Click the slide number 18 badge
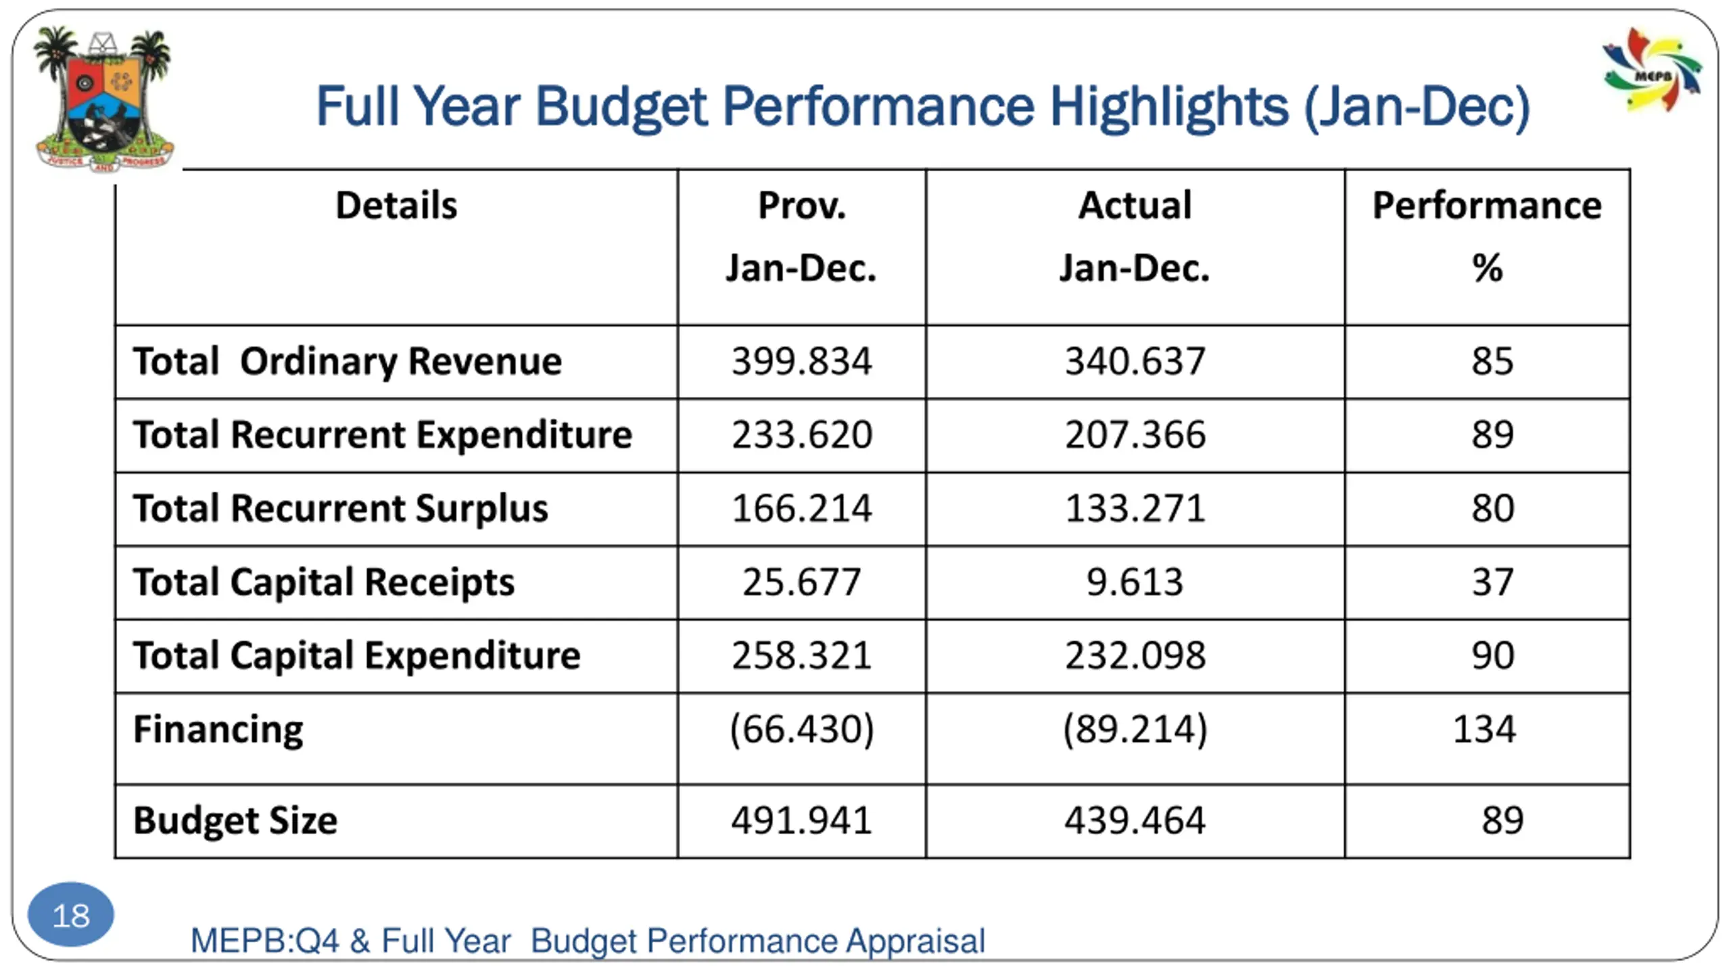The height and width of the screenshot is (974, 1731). click(x=70, y=915)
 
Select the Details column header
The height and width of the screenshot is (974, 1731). click(x=396, y=206)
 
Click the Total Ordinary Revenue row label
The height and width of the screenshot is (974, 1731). click(x=348, y=361)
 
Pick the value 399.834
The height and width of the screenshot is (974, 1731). click(x=802, y=361)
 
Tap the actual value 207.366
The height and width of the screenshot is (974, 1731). click(x=1135, y=434)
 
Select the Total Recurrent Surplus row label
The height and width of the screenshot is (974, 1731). click(x=341, y=509)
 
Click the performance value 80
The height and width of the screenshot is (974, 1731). click(x=1492, y=509)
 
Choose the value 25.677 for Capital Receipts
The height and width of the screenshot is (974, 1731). click(x=802, y=582)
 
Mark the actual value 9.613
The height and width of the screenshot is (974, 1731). click(x=1135, y=582)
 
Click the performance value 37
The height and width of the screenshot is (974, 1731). click(x=1492, y=582)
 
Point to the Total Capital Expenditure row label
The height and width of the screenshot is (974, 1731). click(x=357, y=655)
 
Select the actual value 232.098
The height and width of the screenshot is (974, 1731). click(x=1135, y=655)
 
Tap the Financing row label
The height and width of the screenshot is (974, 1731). click(x=218, y=729)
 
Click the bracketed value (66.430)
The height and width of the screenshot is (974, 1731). click(x=802, y=729)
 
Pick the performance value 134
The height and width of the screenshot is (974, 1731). click(x=1485, y=729)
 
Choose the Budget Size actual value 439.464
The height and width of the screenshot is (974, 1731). click(x=1135, y=820)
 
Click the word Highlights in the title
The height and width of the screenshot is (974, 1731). click(x=1168, y=107)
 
